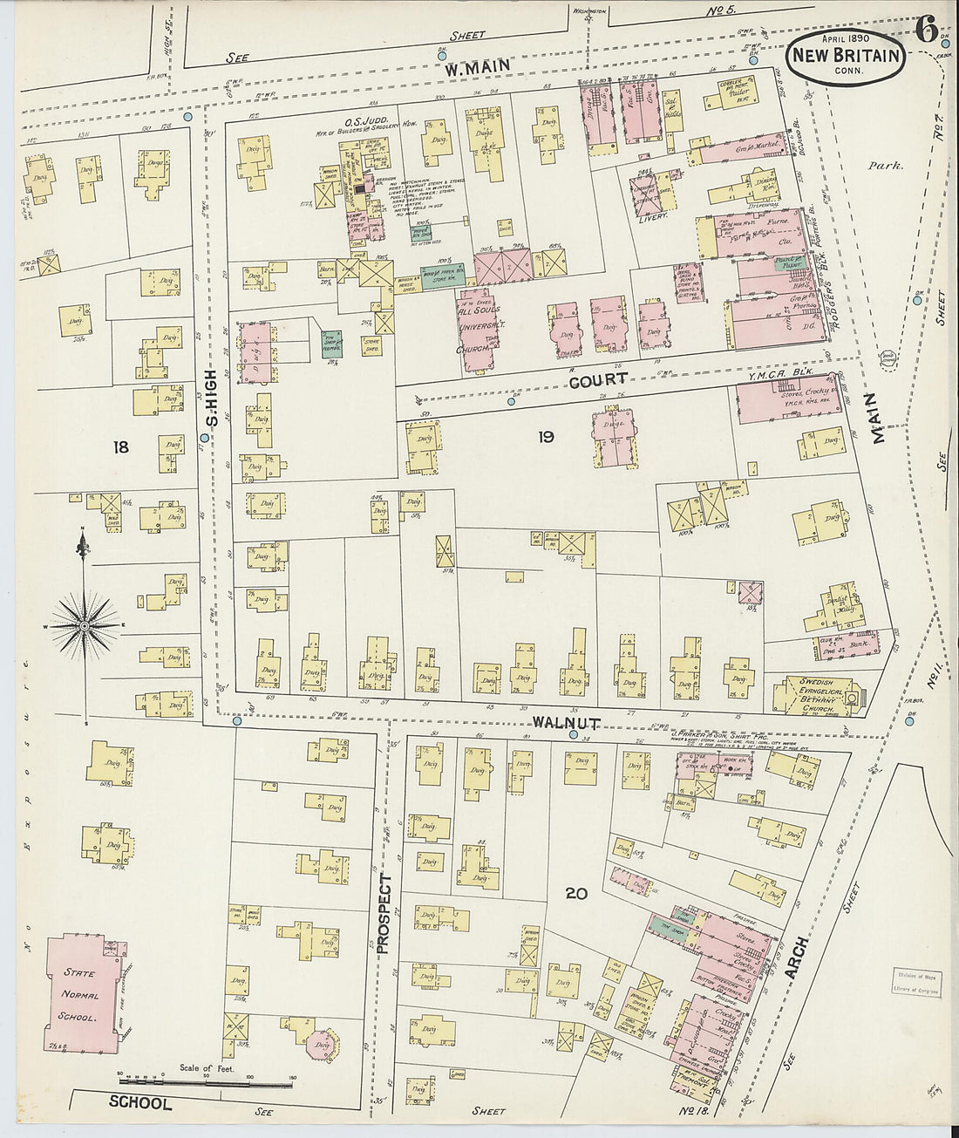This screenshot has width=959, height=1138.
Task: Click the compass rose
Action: (84, 624)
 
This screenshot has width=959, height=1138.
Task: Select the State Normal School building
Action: (81, 995)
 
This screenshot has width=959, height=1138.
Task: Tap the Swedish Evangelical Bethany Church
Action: (814, 696)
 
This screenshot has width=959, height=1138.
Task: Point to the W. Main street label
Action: (476, 67)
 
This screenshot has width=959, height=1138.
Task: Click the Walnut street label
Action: (566, 723)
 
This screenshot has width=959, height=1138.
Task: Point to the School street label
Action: (139, 1103)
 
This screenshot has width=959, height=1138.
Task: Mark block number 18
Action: (120, 447)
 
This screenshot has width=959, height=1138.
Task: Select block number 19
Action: (546, 437)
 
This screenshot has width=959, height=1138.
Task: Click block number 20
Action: (575, 893)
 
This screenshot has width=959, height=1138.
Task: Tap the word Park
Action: (886, 164)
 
